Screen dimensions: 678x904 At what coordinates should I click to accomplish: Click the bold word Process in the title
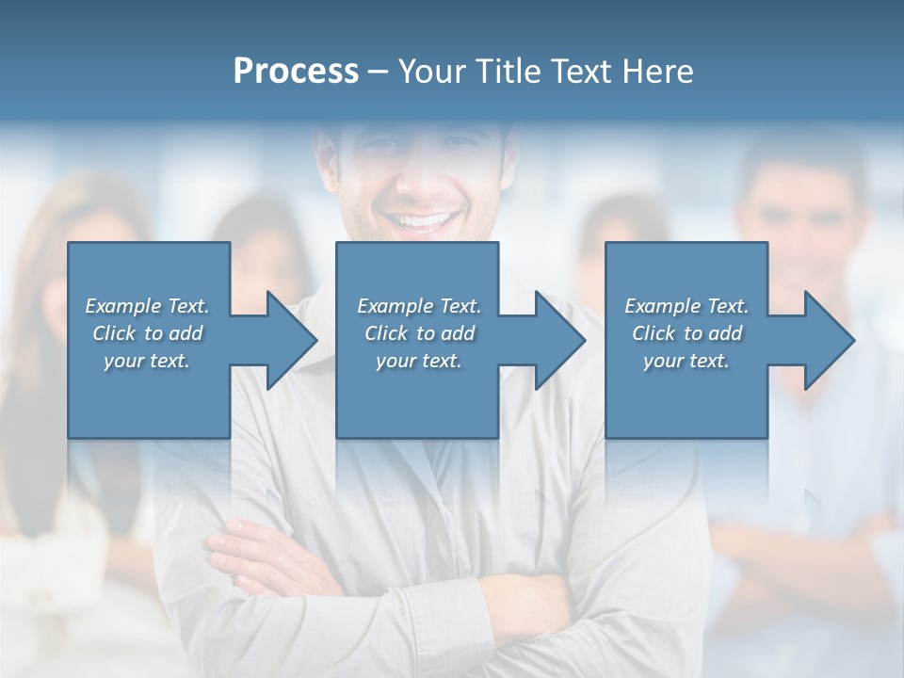(x=296, y=72)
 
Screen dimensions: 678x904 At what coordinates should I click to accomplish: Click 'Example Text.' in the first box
(x=147, y=306)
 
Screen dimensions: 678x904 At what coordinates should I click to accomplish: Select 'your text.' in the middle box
(x=418, y=361)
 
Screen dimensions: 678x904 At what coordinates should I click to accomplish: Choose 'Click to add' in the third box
(x=686, y=333)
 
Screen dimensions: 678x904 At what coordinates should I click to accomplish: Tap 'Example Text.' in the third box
(x=686, y=306)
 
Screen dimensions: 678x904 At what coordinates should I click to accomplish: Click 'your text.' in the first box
(x=147, y=361)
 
